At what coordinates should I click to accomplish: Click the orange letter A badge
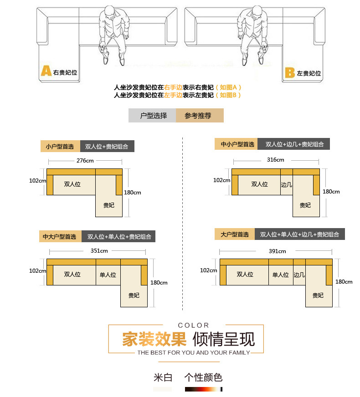coord(46,71)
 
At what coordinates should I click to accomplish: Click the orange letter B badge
coord(290,72)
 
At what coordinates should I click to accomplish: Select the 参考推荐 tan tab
coord(199,116)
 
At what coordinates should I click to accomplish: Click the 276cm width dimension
coord(85,160)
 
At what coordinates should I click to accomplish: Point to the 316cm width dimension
coord(275,160)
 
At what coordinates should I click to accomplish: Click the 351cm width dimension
coord(99,250)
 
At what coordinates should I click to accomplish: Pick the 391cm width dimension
coord(277,251)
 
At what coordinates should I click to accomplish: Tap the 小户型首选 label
coord(60,147)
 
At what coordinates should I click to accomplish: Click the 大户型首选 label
coord(235,234)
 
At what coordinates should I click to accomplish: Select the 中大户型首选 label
coord(60,237)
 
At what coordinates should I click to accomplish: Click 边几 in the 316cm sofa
coord(286,185)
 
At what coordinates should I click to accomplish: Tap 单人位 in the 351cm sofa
coord(108,275)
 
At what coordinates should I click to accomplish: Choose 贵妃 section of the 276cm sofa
coord(108,205)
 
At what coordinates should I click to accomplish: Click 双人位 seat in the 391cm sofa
coord(245,274)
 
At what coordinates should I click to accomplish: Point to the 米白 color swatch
coord(162,389)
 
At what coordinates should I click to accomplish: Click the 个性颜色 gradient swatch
coord(204,389)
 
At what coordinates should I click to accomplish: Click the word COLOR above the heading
coord(194,325)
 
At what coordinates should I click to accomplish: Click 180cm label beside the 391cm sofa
coord(344,282)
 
